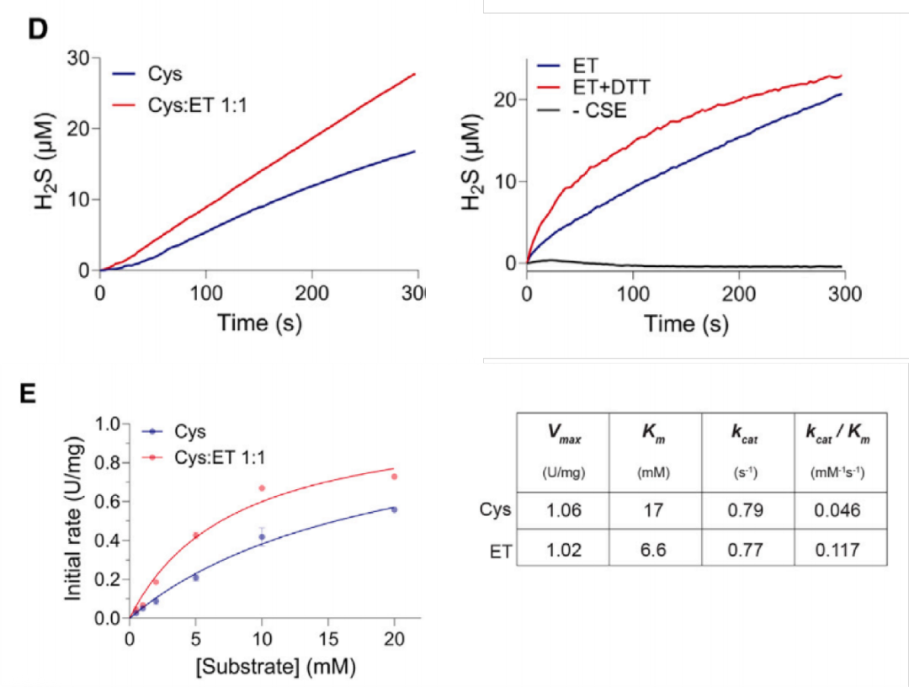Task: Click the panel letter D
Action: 37,28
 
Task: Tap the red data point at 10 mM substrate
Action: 262,488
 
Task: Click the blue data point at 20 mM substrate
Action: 394,509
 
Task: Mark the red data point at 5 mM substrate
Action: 195,535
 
